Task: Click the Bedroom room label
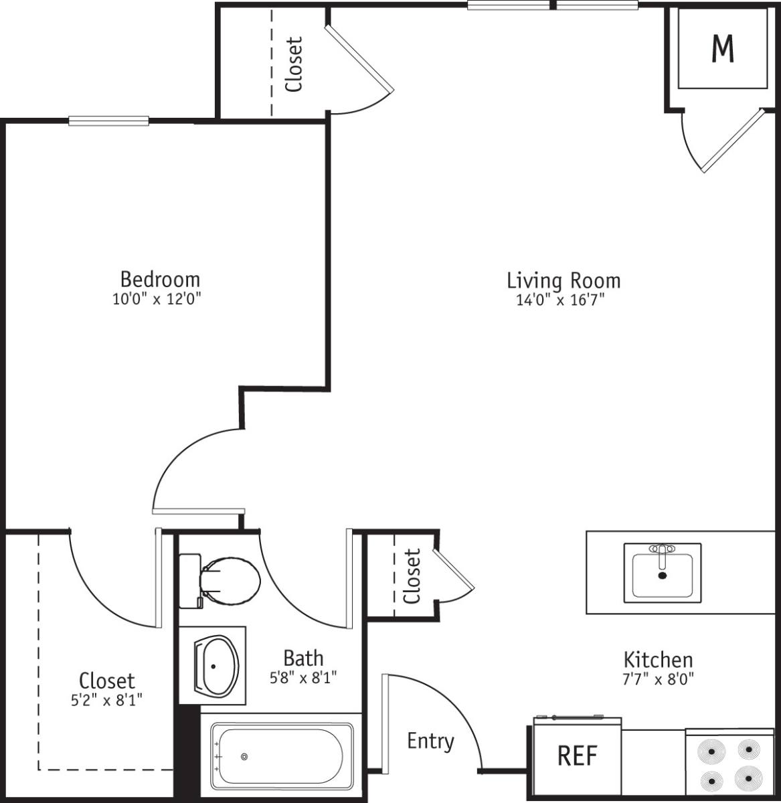click(x=160, y=279)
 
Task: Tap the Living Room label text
click(x=563, y=280)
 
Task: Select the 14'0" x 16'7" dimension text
click(x=560, y=300)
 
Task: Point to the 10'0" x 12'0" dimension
click(x=157, y=298)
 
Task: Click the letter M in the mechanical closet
click(x=723, y=48)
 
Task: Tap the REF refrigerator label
click(x=577, y=755)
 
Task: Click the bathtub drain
click(x=244, y=756)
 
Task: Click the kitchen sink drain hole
click(x=663, y=575)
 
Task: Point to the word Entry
click(x=430, y=741)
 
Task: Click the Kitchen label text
click(x=658, y=660)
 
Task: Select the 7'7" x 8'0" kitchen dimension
click(x=658, y=679)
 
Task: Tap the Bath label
click(x=303, y=658)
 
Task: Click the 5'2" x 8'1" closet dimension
click(x=106, y=700)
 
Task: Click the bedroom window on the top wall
click(x=108, y=121)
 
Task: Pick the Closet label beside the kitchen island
click(x=412, y=576)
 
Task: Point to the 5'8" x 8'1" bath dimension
click(x=303, y=677)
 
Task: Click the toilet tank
click(x=190, y=581)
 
